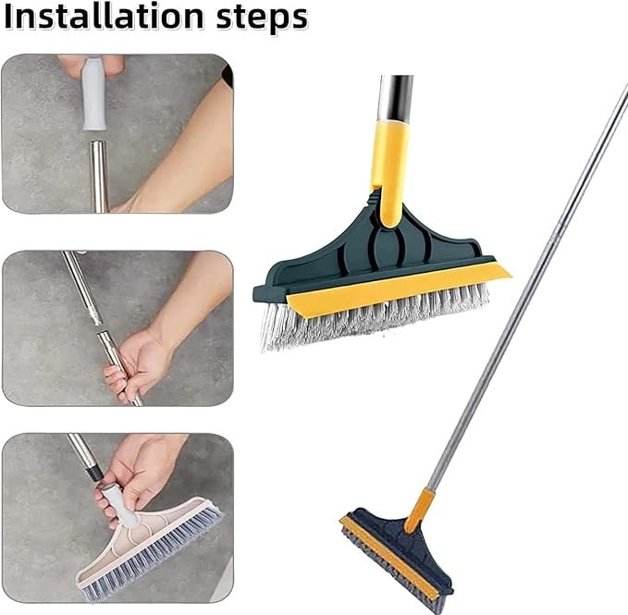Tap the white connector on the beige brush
coord(120,505)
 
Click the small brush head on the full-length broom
coord(398,555)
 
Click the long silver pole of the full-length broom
coord(527,296)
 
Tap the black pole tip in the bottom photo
coord(94,473)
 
